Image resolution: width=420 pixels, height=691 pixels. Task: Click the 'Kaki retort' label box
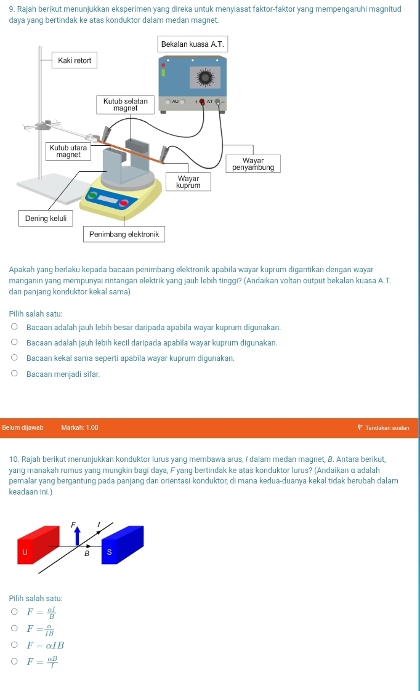tap(75, 60)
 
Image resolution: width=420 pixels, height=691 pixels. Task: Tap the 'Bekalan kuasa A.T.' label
tap(193, 44)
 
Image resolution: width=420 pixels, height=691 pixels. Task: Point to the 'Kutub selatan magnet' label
tap(126, 105)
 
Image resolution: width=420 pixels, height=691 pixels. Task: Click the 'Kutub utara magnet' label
tap(68, 151)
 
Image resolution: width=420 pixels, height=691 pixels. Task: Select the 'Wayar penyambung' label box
tap(253, 164)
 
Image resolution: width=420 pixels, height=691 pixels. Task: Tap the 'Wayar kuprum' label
tap(188, 182)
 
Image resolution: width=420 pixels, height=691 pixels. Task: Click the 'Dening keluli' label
tap(46, 219)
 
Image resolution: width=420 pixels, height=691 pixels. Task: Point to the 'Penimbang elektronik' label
tap(124, 235)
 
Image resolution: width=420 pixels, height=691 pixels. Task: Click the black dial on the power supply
tap(205, 78)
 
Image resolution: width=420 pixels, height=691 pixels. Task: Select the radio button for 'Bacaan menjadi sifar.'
tap(15, 374)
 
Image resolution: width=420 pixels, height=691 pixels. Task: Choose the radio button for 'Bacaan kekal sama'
tap(15, 358)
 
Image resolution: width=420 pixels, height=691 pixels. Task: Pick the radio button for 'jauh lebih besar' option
tap(15, 327)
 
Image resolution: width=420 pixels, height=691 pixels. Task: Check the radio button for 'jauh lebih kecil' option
tap(15, 342)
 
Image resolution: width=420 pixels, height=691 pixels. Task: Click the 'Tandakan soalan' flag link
tap(384, 428)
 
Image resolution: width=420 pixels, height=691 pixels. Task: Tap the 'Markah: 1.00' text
tap(80, 428)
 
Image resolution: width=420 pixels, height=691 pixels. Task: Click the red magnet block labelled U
tap(38, 544)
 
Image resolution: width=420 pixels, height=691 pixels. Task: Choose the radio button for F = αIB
tap(15, 645)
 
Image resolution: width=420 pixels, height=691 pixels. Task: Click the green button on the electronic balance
tap(92, 195)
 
